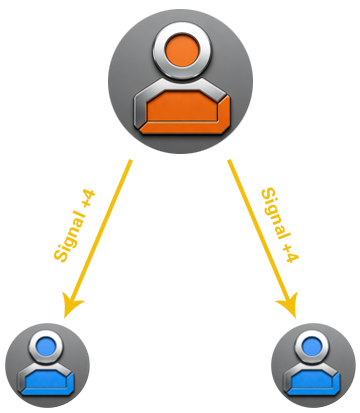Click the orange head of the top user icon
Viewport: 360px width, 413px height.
tap(182, 51)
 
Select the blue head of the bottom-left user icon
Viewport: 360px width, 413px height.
tap(46, 346)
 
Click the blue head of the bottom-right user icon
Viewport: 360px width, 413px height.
tap(312, 346)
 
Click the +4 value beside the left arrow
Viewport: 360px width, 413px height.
tap(89, 199)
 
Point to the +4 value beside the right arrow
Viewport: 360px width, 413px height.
tap(291, 253)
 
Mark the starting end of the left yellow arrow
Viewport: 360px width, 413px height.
tap(131, 160)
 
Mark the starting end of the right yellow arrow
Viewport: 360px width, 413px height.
tap(229, 160)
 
